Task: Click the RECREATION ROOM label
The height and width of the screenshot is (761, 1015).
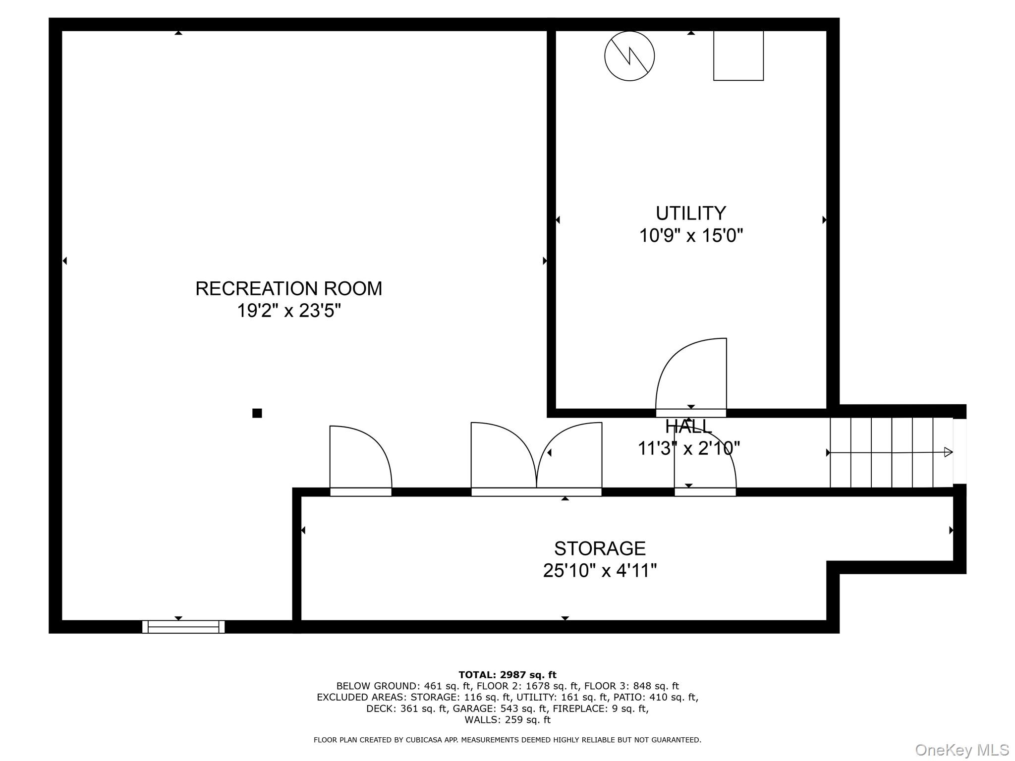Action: [288, 288]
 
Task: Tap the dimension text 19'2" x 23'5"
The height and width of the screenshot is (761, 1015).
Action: [288, 311]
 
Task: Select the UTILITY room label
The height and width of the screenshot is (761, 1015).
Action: [690, 213]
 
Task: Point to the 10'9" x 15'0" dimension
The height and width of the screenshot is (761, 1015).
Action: [690, 235]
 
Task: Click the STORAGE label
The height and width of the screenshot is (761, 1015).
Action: [599, 548]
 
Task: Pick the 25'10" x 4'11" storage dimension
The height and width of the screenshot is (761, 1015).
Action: [599, 571]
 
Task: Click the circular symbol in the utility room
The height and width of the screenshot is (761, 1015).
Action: [629, 56]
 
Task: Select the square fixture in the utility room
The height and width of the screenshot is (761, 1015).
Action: [738, 55]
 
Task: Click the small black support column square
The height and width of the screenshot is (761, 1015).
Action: [257, 413]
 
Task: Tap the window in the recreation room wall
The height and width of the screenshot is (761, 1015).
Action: [183, 627]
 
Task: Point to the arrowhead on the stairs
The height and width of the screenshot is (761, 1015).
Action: [948, 452]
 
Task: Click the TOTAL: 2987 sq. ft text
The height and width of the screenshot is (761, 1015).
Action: [507, 675]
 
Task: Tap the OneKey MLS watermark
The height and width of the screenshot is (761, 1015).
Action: [961, 750]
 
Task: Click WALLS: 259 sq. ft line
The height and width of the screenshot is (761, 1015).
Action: [507, 720]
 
